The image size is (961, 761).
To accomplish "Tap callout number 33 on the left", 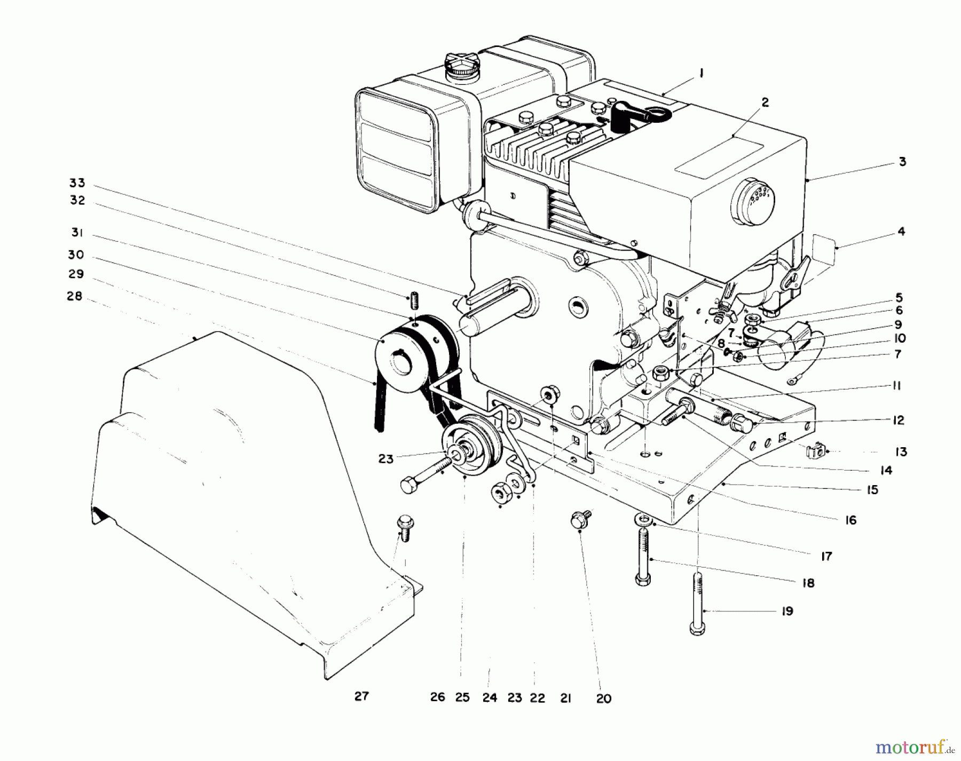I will pyautogui.click(x=77, y=183).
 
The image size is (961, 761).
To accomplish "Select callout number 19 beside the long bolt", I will pyautogui.click(x=787, y=611).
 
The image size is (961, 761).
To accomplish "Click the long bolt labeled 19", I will pyautogui.click(x=698, y=603).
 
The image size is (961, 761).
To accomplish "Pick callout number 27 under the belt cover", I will pyautogui.click(x=361, y=696).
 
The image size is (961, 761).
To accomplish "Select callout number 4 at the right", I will pyautogui.click(x=901, y=232).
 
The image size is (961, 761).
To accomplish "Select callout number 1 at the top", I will pyautogui.click(x=701, y=74).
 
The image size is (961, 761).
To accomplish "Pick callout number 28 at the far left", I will pyautogui.click(x=75, y=296).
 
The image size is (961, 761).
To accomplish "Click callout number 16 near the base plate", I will pyautogui.click(x=850, y=520).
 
